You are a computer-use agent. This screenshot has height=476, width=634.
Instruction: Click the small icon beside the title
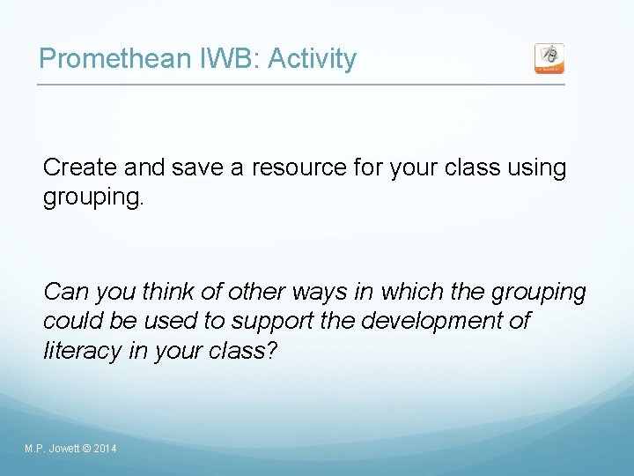coord(549,58)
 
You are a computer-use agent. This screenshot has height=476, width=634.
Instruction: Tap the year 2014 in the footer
coord(104,450)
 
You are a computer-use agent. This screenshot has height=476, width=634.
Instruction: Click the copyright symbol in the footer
coord(85,450)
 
